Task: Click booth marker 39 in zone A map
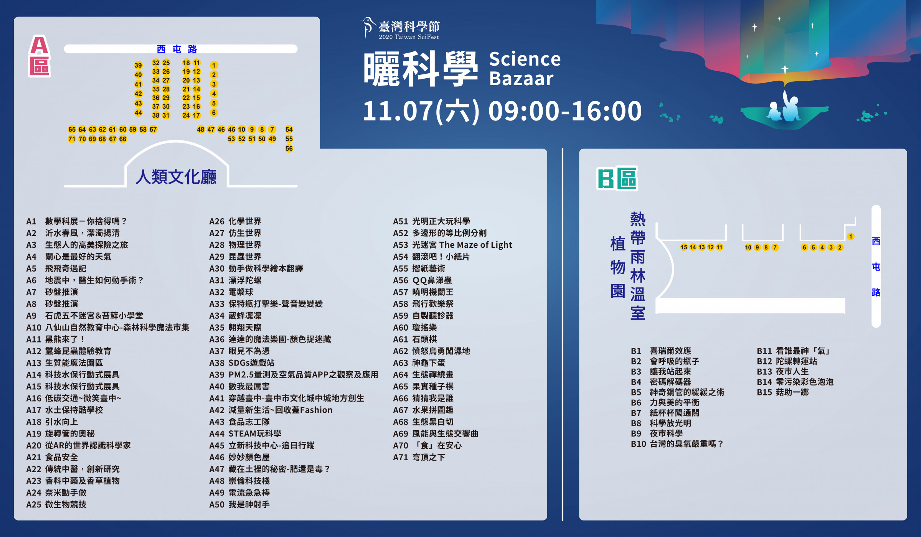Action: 138,65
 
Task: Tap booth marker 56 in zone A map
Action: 289,148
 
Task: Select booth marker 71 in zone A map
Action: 72,139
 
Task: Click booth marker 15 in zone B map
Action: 684,247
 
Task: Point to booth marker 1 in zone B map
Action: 851,237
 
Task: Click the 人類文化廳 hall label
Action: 176,177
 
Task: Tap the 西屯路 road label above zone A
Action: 177,49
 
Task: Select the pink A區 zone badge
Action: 40,56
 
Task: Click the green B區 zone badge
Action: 617,178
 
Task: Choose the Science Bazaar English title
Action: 525,69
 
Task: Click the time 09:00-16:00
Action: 565,111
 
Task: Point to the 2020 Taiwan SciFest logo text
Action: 409,37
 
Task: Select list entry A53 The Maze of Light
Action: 452,245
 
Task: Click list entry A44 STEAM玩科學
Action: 245,433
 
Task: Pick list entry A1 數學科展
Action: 76,221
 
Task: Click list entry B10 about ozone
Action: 677,444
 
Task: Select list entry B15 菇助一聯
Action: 783,392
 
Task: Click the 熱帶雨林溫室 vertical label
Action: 638,266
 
